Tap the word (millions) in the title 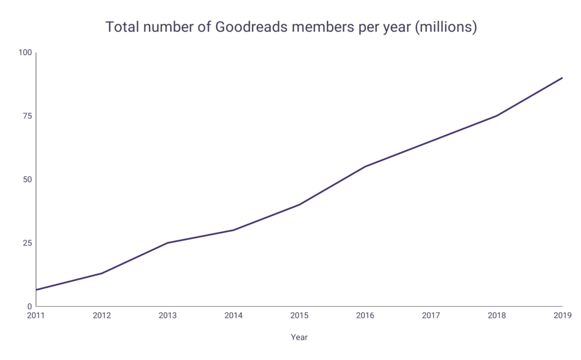[446, 27]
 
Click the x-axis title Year [299, 337]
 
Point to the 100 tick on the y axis [26, 53]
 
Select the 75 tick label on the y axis [28, 116]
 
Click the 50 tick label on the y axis [28, 179]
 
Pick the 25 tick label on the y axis [28, 243]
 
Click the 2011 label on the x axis [36, 315]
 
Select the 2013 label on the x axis [167, 315]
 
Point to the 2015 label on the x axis [299, 315]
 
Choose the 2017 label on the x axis [431, 315]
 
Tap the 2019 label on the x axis [562, 315]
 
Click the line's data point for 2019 [562, 78]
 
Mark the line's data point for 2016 [365, 166]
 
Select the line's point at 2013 [167, 243]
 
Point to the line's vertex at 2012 [102, 273]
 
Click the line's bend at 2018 [496, 116]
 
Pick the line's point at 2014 [233, 230]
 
